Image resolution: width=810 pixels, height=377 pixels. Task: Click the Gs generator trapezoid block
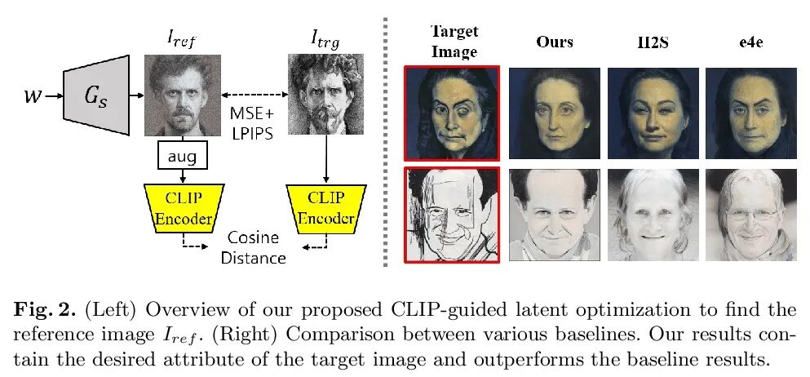(96, 95)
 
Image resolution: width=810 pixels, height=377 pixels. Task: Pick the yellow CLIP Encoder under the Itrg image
(325, 207)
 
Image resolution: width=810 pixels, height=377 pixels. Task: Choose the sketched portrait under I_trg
(325, 95)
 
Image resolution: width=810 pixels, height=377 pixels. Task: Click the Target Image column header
(454, 41)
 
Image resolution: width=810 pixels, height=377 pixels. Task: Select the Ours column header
(555, 42)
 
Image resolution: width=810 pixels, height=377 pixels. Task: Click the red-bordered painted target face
(452, 113)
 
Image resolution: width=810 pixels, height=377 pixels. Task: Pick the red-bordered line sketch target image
(452, 215)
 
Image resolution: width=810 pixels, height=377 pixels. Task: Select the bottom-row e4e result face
(750, 215)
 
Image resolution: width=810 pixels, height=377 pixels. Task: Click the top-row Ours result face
(555, 113)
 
